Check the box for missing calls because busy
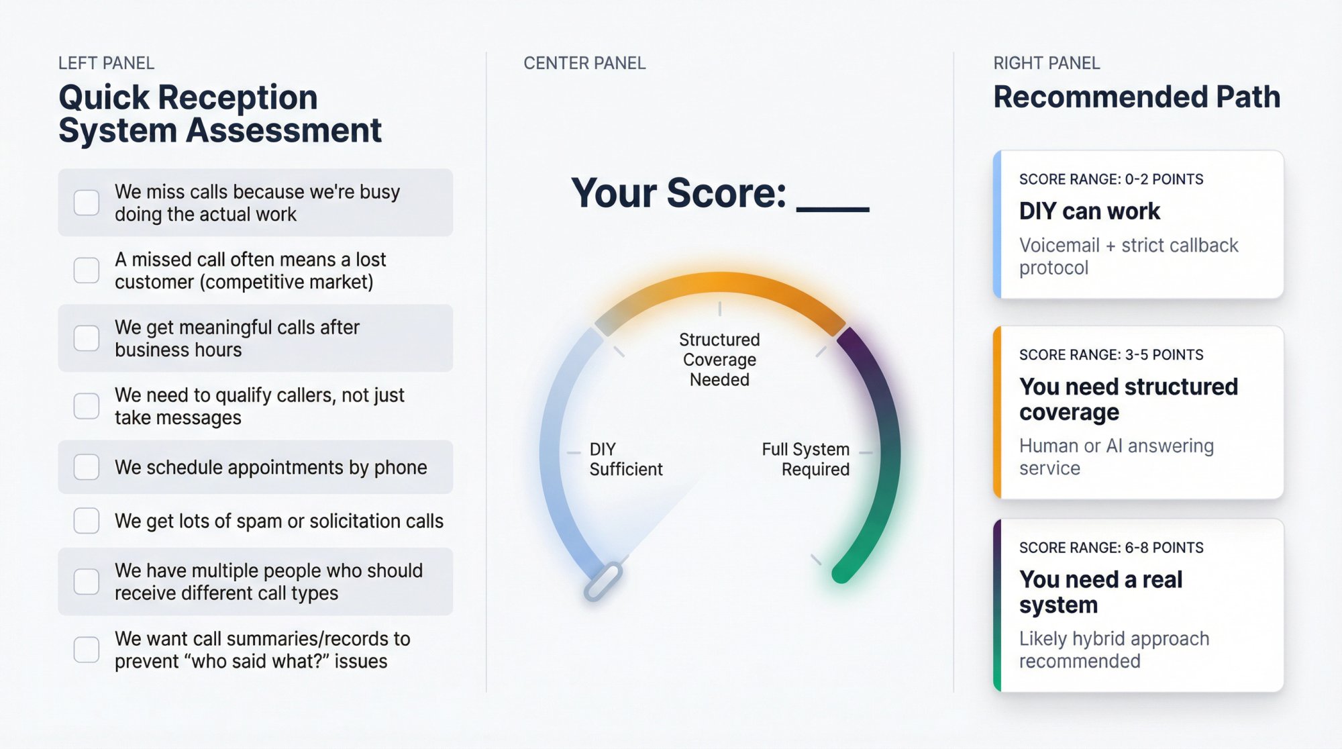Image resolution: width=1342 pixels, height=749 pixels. pyautogui.click(x=87, y=202)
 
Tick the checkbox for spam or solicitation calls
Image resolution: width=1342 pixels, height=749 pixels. pyautogui.click(x=87, y=520)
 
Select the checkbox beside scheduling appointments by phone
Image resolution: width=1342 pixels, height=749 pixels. pyautogui.click(x=87, y=466)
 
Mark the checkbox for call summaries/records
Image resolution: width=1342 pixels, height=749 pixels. pyautogui.click(x=87, y=650)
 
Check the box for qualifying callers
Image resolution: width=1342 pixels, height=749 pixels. pyautogui.click(x=87, y=405)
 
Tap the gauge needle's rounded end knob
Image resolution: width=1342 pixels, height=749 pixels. pyautogui.click(x=603, y=581)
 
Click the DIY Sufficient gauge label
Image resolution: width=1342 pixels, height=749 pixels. pyautogui.click(x=625, y=459)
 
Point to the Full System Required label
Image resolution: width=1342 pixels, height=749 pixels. pyautogui.click(x=805, y=459)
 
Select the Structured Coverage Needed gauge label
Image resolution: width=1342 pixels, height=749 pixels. pyautogui.click(x=719, y=359)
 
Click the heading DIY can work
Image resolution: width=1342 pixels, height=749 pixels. pyautogui.click(x=1089, y=211)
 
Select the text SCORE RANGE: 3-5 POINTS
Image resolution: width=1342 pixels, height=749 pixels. pyautogui.click(x=1111, y=354)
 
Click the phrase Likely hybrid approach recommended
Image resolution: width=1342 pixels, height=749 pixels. pyautogui.click(x=1114, y=649)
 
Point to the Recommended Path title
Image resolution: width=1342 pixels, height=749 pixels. pyautogui.click(x=1137, y=97)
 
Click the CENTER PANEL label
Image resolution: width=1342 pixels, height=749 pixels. pyautogui.click(x=584, y=63)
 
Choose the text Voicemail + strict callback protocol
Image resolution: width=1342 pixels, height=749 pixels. pyautogui.click(x=1128, y=256)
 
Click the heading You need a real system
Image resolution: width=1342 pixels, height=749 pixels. pyautogui.click(x=1100, y=591)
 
